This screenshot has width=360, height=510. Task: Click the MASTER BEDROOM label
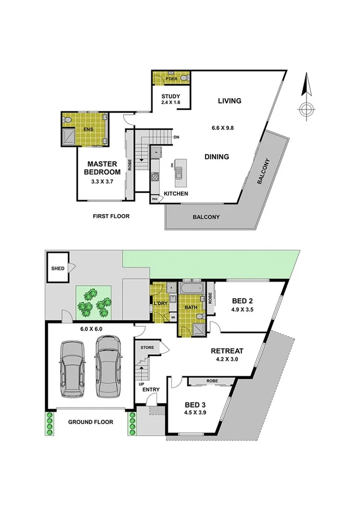[x=102, y=167]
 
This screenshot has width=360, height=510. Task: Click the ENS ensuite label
[x=87, y=129]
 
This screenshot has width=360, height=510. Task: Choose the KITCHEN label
[x=177, y=194]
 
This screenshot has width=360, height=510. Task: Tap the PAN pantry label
[x=154, y=198]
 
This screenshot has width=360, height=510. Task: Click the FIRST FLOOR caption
[x=111, y=216]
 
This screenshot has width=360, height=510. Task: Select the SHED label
[x=58, y=269]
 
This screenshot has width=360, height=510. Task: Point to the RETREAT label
[x=227, y=351]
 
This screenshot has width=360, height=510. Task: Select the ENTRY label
[x=151, y=390]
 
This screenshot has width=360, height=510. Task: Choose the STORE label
[x=147, y=348]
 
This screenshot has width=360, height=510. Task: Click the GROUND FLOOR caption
[x=90, y=422]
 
